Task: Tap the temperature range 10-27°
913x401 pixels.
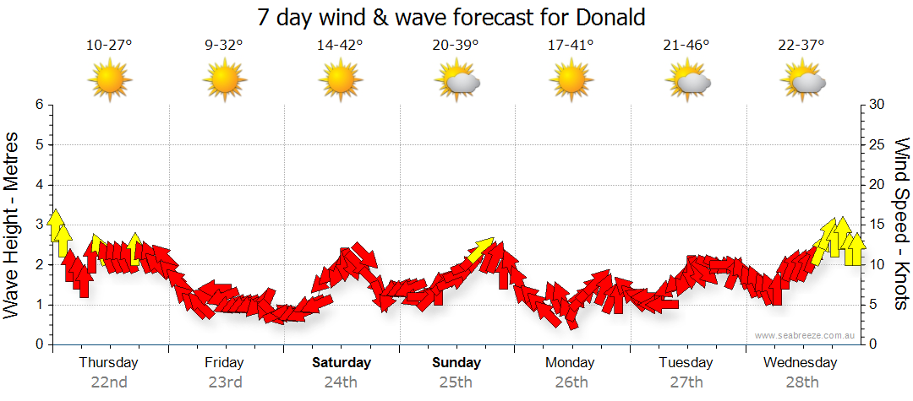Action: point(109,46)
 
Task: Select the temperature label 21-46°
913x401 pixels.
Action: point(686,46)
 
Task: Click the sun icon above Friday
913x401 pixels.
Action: point(225,80)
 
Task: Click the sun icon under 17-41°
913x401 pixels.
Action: point(571,80)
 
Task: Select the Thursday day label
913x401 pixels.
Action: point(108,362)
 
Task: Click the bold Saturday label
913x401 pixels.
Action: point(342,362)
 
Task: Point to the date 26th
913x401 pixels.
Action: point(571,382)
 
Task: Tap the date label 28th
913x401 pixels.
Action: point(801,382)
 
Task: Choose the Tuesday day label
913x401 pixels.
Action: point(686,362)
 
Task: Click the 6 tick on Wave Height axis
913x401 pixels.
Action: point(38,105)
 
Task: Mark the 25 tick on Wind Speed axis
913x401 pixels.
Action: point(877,144)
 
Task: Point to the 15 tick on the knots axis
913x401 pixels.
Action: point(877,225)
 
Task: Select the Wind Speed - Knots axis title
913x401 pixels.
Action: point(901,224)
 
